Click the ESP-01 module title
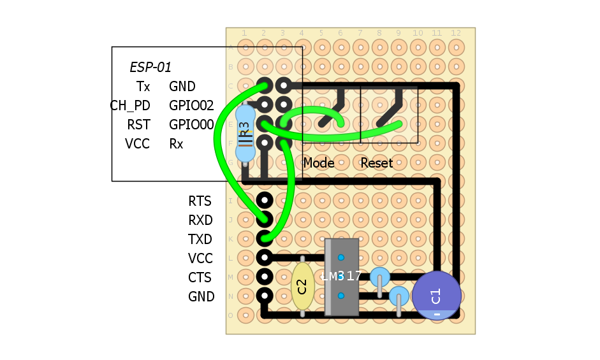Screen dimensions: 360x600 tap(150, 67)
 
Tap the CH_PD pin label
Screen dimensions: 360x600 tap(130, 106)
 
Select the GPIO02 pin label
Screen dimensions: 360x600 tap(191, 106)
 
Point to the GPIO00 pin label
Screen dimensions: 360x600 tap(191, 125)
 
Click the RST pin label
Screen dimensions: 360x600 tap(138, 125)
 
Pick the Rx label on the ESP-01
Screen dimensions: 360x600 tap(176, 144)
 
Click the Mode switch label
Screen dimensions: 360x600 tap(319, 163)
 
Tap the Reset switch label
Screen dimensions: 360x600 tap(376, 163)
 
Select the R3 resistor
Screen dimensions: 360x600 tap(245, 134)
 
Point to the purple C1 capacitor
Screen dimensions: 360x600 tap(436, 296)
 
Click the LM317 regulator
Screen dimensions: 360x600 tap(342, 277)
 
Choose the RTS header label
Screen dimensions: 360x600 tap(200, 201)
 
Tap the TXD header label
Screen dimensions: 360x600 tap(200, 240)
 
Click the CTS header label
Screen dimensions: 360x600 tap(200, 278)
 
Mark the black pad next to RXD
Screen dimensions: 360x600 tap(265, 220)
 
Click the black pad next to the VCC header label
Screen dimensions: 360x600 tap(265, 258)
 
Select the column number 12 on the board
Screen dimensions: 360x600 tap(456, 33)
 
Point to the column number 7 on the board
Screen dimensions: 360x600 tap(360, 33)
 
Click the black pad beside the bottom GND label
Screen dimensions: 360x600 tap(265, 296)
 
